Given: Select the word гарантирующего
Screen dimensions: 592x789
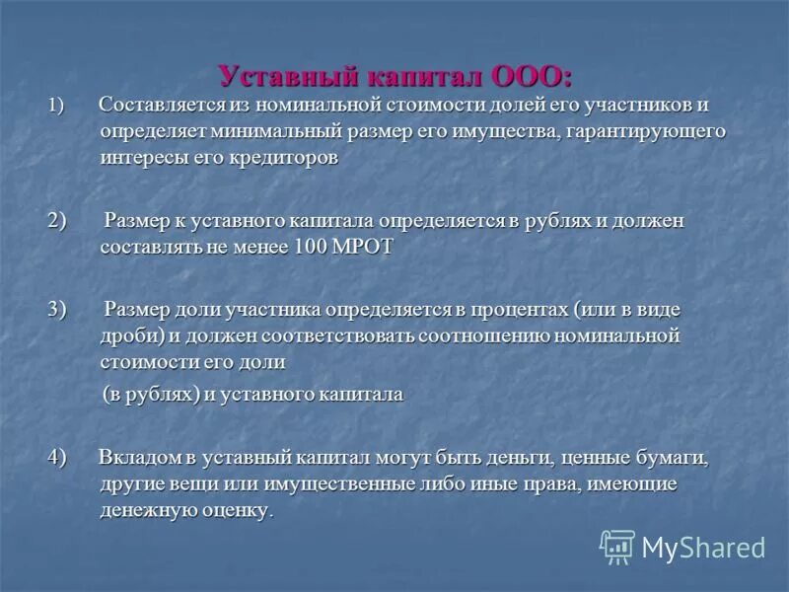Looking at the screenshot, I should (644, 131).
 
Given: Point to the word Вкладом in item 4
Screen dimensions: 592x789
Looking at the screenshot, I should (137, 459).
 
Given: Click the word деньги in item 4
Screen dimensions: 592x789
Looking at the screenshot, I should (565, 459).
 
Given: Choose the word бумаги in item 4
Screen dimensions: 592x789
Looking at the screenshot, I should (671, 459).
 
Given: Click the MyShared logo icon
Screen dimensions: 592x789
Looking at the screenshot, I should (617, 547).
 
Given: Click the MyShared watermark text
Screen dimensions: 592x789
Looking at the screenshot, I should (704, 548).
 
